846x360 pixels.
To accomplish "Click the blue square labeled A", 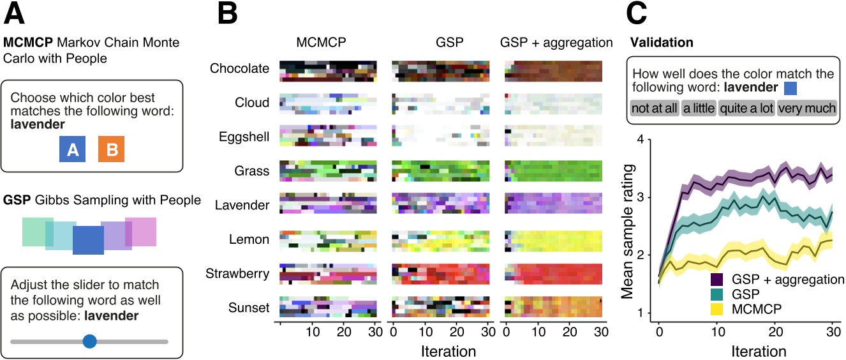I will [x=73, y=150].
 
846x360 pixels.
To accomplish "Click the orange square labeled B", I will [x=111, y=150].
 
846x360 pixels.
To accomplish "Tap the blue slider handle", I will [x=89, y=341].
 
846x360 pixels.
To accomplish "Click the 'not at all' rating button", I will [x=654, y=108].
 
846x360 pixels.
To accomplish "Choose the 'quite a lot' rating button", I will [x=746, y=108].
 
